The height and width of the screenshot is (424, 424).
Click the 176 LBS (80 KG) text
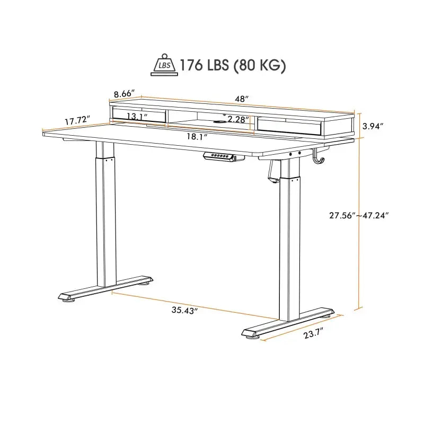tap(233, 65)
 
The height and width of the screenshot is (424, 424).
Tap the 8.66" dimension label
tap(125, 94)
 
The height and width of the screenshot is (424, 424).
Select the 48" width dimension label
tap(243, 99)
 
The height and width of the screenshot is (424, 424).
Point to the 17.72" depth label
tap(77, 121)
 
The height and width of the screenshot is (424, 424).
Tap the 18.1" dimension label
tap(197, 136)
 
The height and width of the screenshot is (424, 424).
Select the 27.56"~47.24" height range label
tap(359, 215)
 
